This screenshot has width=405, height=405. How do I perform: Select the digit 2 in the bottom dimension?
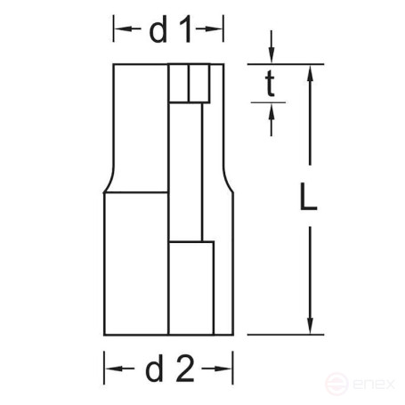[185, 367]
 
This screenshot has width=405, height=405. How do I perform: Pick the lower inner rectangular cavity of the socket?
[191, 287]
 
